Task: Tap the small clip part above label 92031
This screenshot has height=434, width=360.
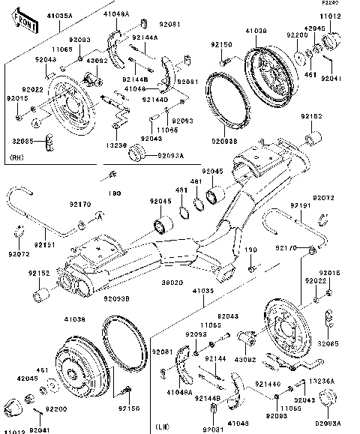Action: (x=214, y=409)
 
